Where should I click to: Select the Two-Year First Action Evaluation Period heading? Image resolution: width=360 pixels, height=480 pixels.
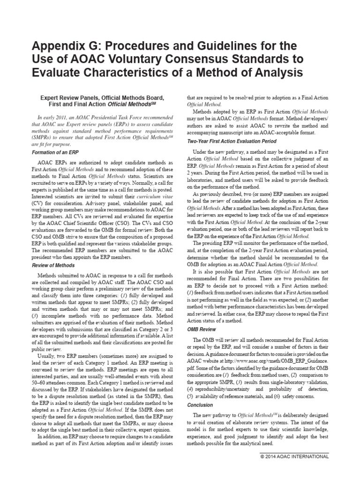coord(232,141)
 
